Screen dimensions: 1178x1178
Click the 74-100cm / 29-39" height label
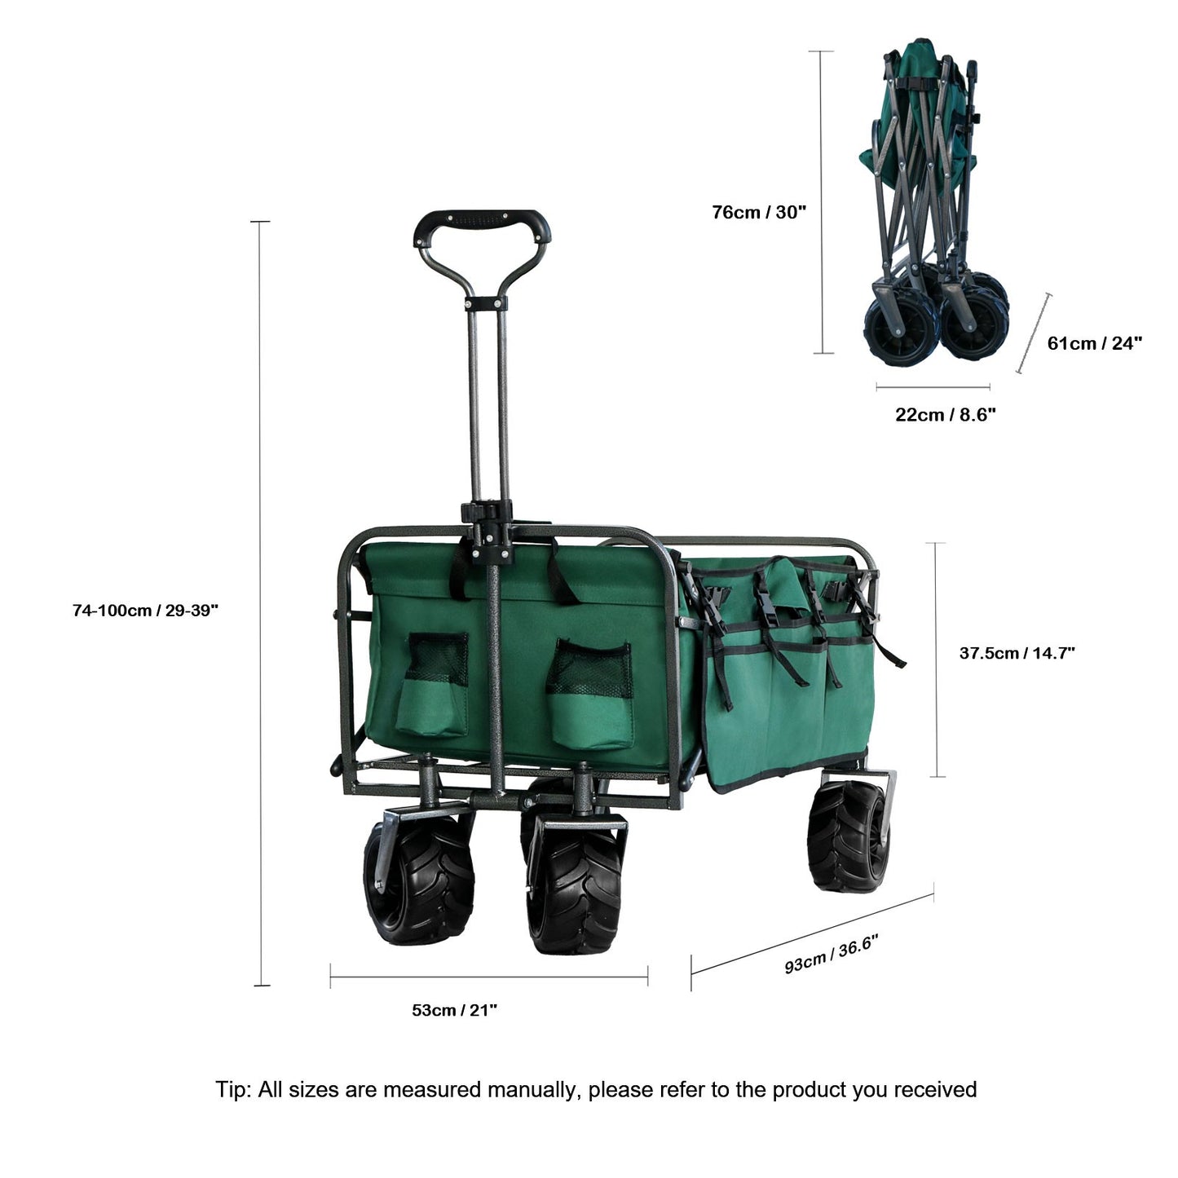coord(145,610)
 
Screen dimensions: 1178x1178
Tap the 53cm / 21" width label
coord(455,1010)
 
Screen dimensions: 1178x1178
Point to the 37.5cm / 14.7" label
coord(1017,653)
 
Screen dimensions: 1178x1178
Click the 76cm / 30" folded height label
coord(759,212)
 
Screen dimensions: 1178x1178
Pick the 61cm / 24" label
coord(1094,343)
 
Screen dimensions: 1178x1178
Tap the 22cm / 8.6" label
coord(945,414)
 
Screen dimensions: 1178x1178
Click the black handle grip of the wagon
coord(482,223)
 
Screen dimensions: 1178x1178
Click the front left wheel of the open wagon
coord(419,879)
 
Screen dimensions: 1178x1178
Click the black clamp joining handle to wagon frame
coord(488,531)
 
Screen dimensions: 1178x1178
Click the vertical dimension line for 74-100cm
coord(261,603)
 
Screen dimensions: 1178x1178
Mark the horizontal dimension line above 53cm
coord(489,977)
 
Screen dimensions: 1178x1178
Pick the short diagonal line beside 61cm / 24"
coord(1034,333)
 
